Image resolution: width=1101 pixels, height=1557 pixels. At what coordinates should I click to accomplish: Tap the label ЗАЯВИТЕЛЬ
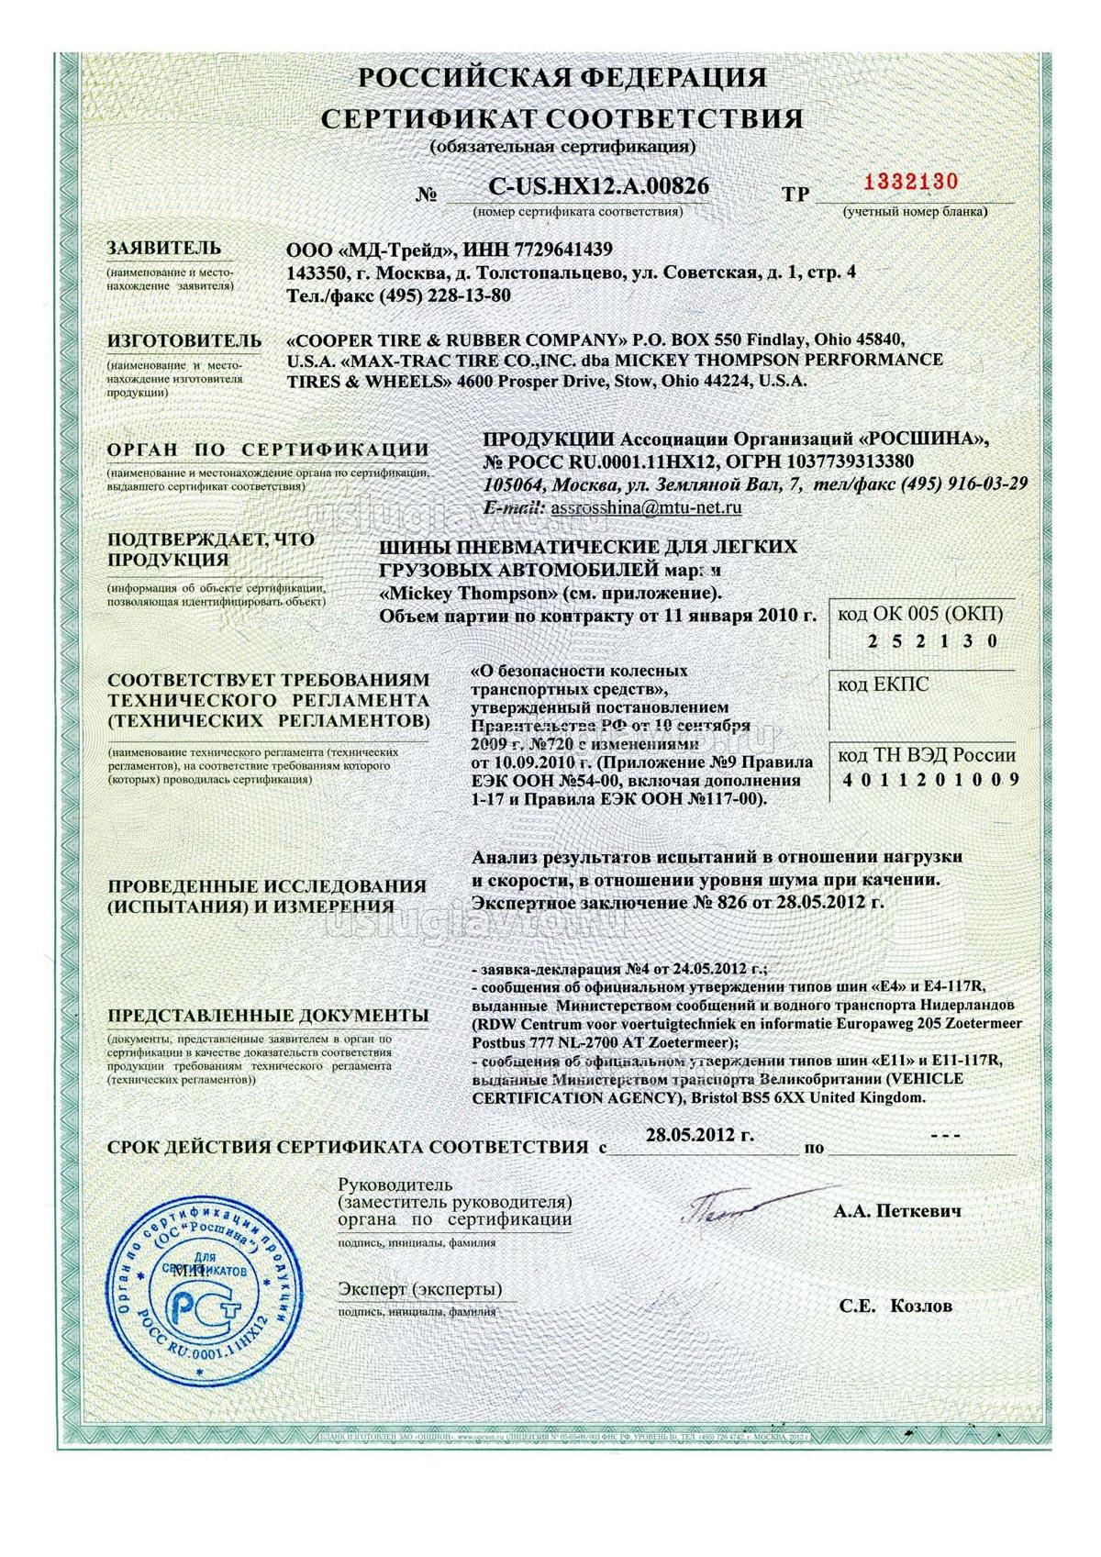click(x=164, y=248)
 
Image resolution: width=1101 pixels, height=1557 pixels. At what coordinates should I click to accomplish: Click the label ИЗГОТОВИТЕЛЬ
click(x=184, y=340)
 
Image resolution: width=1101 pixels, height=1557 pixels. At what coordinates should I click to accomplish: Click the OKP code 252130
click(x=931, y=641)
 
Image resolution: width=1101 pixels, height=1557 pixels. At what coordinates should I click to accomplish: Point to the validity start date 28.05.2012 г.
click(x=700, y=1135)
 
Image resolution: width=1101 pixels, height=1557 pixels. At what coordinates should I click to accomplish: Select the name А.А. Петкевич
click(x=898, y=1211)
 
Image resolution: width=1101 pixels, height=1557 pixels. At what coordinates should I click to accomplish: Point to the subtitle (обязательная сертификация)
click(x=562, y=146)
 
